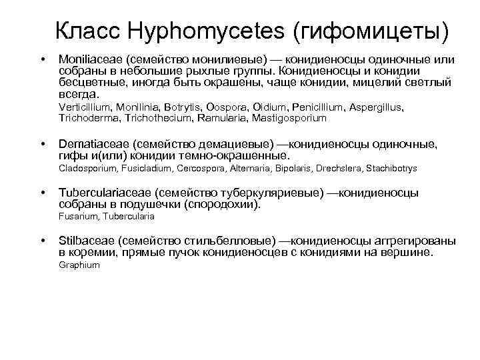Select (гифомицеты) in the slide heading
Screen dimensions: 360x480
(365, 31)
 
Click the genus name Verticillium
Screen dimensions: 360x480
(84, 107)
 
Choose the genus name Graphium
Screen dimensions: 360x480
(79, 265)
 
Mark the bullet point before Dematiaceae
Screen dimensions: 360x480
(43, 144)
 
